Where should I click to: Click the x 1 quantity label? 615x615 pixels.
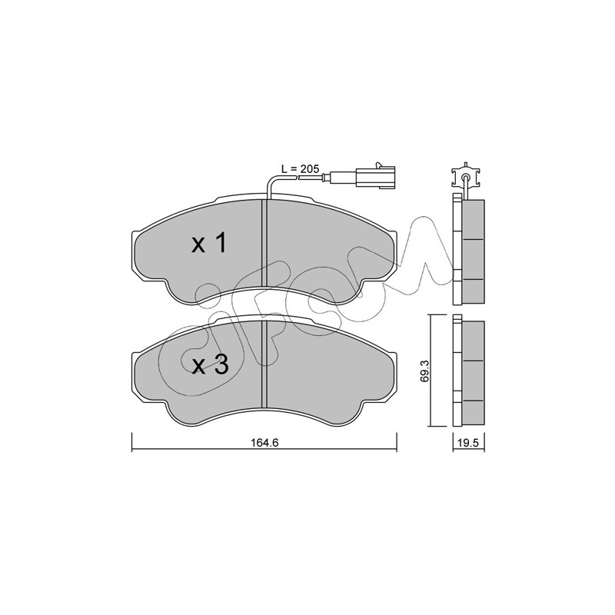[x=209, y=243]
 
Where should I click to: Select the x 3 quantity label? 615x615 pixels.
[x=210, y=366]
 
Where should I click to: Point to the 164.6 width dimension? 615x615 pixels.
[x=264, y=443]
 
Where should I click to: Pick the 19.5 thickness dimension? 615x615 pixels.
[x=469, y=443]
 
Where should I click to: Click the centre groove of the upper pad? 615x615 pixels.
[x=264, y=243]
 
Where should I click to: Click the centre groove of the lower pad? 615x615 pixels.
[x=264, y=364]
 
